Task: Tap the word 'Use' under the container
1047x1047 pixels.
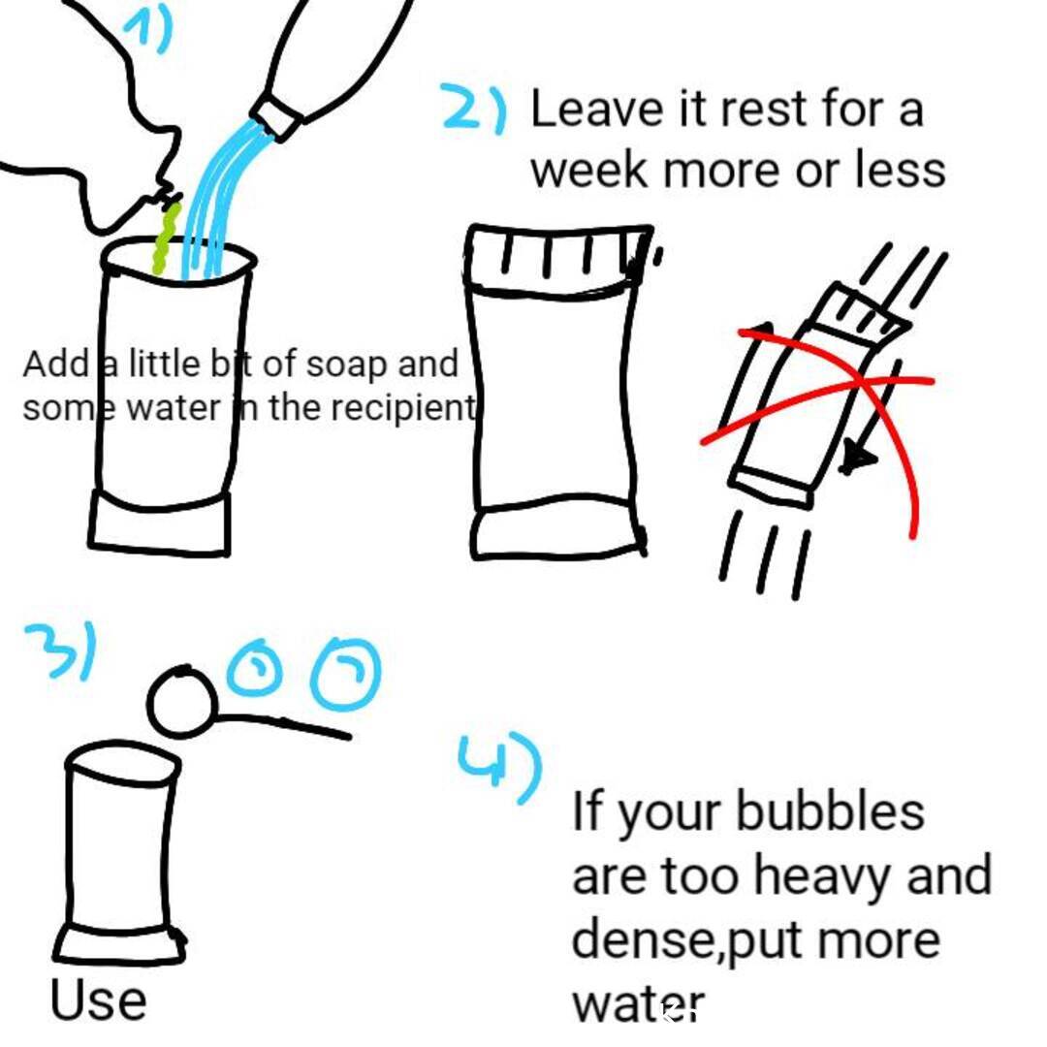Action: pyautogui.click(x=98, y=999)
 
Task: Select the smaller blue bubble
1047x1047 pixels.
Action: pyautogui.click(x=254, y=668)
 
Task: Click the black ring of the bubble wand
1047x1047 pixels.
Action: pyautogui.click(x=181, y=701)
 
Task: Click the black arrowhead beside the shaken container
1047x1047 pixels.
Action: pyautogui.click(x=857, y=458)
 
